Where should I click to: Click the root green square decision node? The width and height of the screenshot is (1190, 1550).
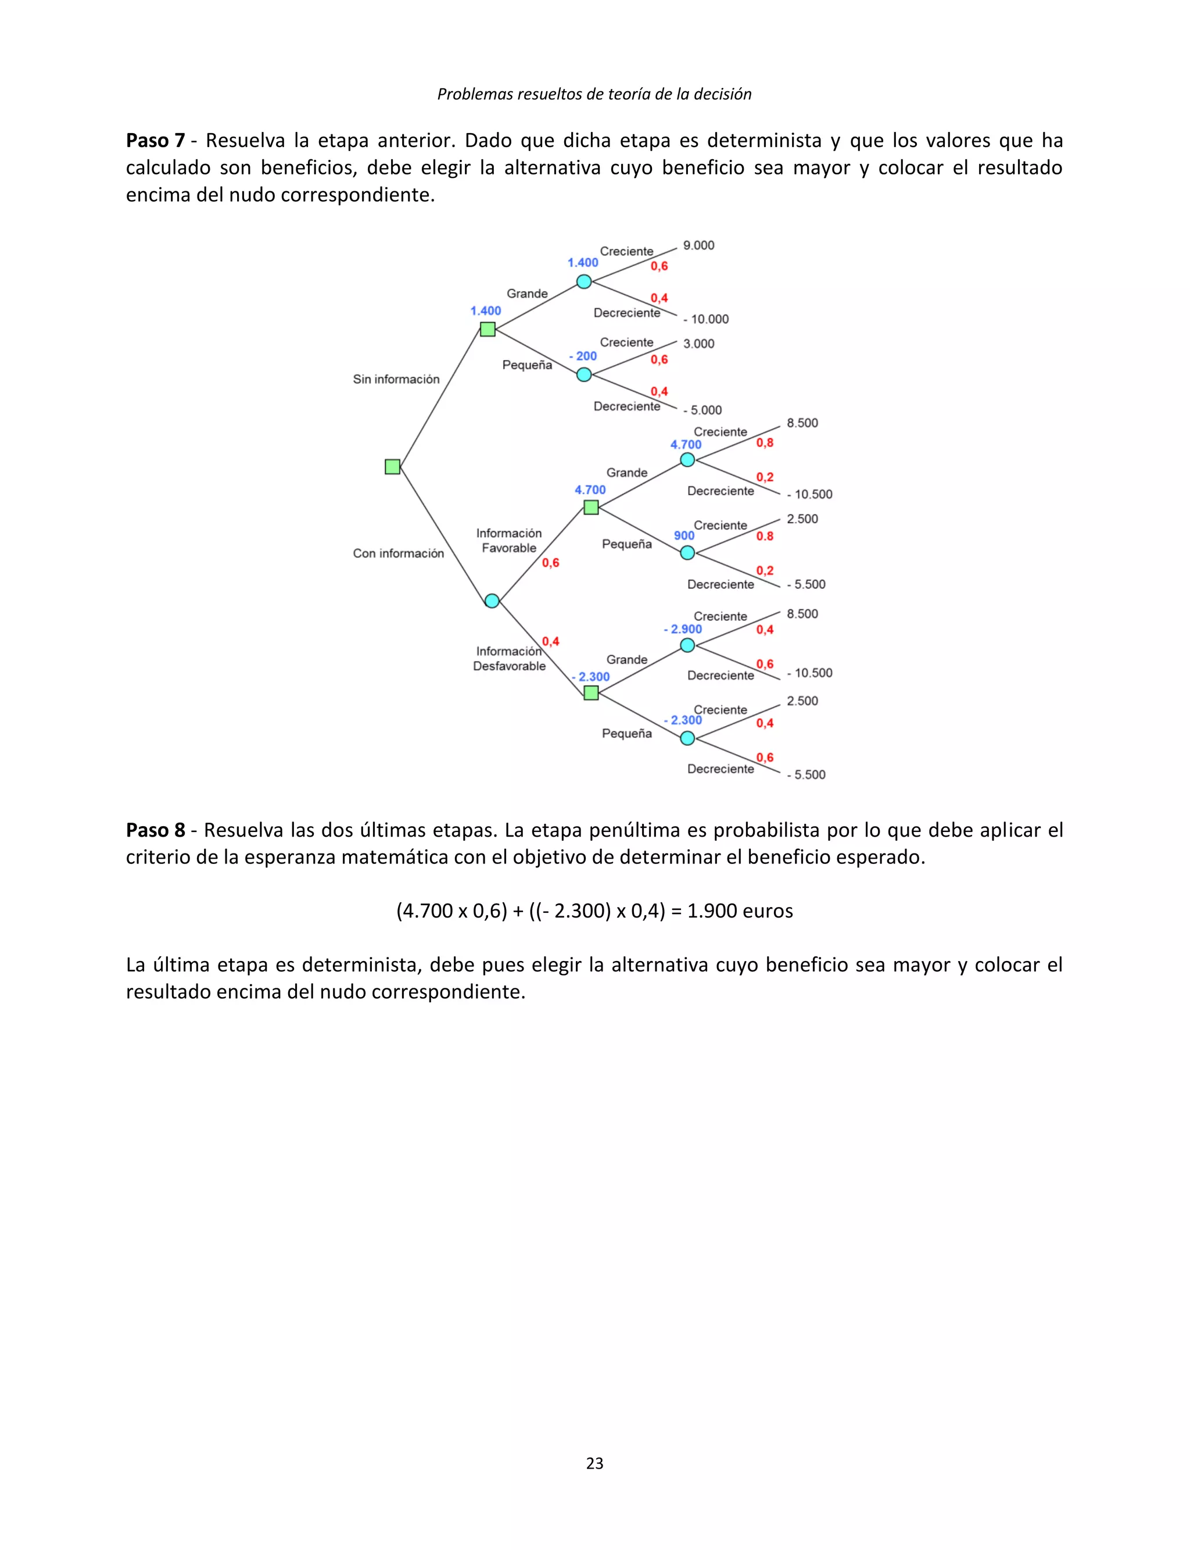coord(392,466)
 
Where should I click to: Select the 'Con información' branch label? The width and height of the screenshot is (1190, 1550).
coord(398,553)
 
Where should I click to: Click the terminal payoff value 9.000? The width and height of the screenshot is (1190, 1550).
coord(698,245)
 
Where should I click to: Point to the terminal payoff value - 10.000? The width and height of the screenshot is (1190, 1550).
coord(705,319)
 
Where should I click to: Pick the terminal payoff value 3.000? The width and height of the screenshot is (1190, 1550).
coord(698,344)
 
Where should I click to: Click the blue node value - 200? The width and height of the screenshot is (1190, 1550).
coord(583,356)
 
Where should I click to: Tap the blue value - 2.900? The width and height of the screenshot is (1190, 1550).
coord(683,629)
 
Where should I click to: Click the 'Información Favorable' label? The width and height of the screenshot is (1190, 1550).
coord(508,541)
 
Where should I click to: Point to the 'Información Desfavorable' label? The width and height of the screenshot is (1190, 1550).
coord(508,658)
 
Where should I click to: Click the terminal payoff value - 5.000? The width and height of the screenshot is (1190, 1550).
coord(702,410)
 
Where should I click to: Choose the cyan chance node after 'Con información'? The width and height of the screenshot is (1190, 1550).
coord(492,601)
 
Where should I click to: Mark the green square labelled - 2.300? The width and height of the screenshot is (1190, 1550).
coord(591,693)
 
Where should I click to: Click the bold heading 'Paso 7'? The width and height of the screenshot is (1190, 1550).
coord(155,140)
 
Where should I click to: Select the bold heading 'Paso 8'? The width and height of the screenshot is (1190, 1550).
coord(155,830)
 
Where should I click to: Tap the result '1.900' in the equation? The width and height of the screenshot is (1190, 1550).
coord(711,910)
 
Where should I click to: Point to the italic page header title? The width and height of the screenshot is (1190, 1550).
coord(594,94)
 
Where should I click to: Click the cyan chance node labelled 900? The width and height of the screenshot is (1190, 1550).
coord(687,553)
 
